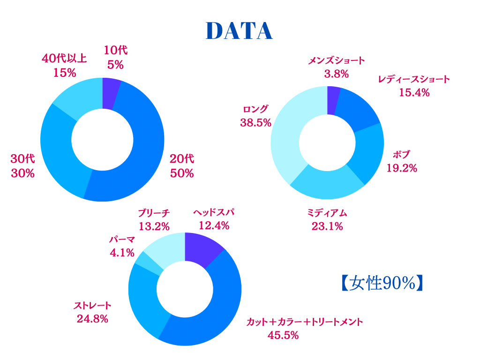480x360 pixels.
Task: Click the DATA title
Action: coord(239,31)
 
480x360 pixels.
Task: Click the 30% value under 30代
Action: coord(22,173)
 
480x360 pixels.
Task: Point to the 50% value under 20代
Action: coord(182,173)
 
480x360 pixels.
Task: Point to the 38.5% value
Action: coord(256,123)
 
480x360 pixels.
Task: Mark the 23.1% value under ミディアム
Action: coord(327,226)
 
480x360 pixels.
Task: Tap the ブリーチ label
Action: coord(154,213)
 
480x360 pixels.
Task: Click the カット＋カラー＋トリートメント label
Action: coord(305,322)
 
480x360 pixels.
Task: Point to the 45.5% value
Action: coord(283,335)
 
